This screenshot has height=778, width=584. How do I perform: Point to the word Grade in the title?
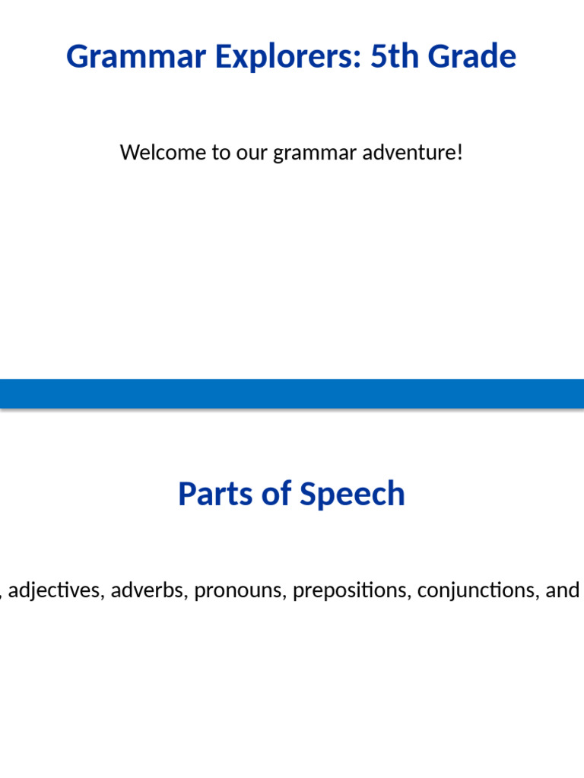(475, 57)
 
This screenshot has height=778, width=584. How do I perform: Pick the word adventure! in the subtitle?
(412, 153)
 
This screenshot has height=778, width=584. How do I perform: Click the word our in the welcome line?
(252, 153)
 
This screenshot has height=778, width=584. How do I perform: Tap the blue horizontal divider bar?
(292, 394)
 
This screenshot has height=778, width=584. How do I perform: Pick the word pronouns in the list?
(240, 591)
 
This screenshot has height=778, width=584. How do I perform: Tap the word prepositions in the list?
(350, 591)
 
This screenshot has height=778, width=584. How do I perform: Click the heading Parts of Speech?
(291, 494)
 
